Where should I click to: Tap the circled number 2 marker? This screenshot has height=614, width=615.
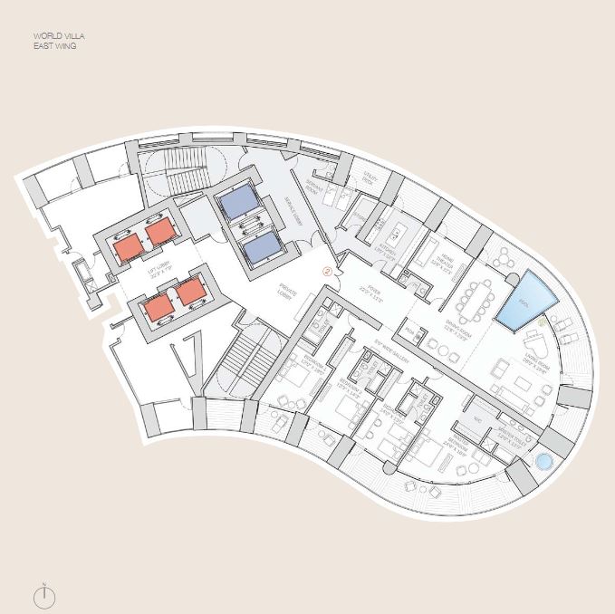(328, 271)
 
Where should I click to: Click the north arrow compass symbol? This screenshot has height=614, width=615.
(44, 595)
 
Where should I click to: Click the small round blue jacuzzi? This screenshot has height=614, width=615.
(543, 462)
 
